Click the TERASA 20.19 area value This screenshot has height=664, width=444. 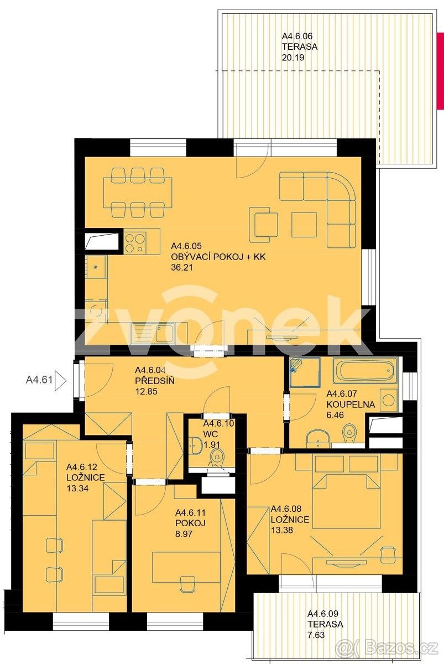pyautogui.click(x=293, y=57)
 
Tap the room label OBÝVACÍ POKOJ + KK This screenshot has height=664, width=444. pyautogui.click(x=218, y=257)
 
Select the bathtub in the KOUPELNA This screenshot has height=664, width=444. pyautogui.click(x=364, y=371)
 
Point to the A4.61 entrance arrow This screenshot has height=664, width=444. pyautogui.click(x=61, y=380)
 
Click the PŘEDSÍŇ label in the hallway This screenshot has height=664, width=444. pyautogui.click(x=155, y=381)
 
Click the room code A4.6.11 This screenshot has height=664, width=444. pyautogui.click(x=190, y=512)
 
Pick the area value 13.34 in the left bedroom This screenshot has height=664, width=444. pyautogui.click(x=77, y=488)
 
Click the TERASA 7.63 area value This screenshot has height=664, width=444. pyautogui.click(x=316, y=635)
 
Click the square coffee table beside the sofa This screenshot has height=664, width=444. pyautogui.click(x=304, y=225)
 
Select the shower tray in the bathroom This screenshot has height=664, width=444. pyautogui.click(x=305, y=372)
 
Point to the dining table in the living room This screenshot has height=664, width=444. pyautogui.click(x=138, y=193)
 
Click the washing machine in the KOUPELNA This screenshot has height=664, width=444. pyautogui.click(x=388, y=400)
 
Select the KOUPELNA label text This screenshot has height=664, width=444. pyautogui.click(x=351, y=404)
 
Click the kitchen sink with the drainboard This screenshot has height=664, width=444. pyautogui.click(x=153, y=333)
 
